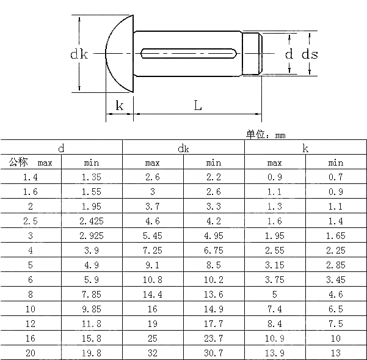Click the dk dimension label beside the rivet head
point(79,55)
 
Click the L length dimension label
point(198,105)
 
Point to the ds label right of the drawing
point(310,54)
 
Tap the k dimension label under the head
point(120,106)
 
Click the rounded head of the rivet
point(119,54)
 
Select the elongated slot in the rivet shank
point(188,54)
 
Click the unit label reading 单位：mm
point(266,135)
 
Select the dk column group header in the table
point(183,148)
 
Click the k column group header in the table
point(305,148)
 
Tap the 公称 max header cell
point(31,163)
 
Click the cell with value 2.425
point(92,221)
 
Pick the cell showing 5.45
point(153,236)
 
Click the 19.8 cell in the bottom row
point(92,353)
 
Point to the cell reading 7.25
point(153,251)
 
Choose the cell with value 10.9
point(275,339)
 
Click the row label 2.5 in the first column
point(31,221)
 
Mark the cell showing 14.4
point(153,295)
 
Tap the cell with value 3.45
point(336,280)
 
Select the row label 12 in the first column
point(31,324)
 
